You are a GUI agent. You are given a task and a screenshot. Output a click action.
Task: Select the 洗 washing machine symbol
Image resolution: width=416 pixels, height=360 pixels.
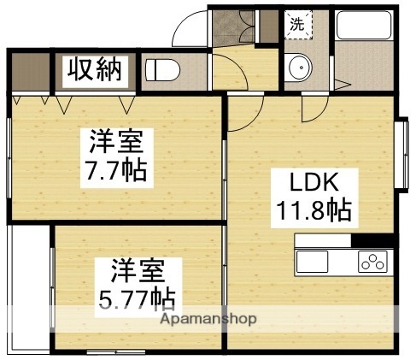(296, 25)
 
